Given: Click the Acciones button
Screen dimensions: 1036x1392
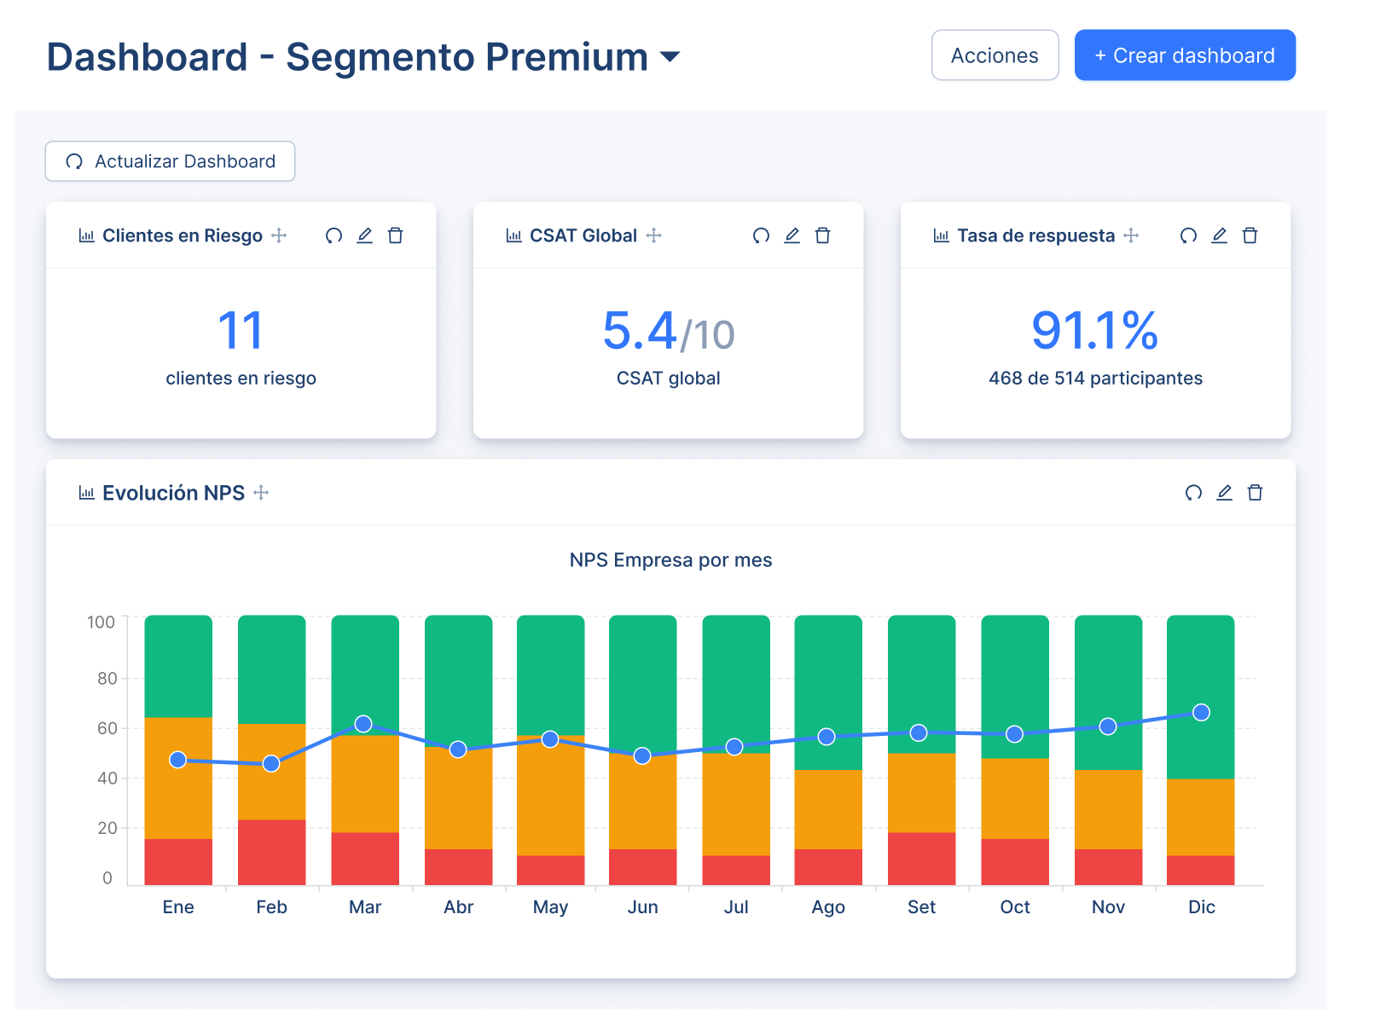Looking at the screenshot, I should [x=995, y=55].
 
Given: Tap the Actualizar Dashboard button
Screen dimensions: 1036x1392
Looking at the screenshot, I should [x=170, y=161].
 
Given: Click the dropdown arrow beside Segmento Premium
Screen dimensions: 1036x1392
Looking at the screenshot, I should [x=670, y=57].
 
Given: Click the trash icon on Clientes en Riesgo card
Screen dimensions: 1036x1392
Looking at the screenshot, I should [x=395, y=235].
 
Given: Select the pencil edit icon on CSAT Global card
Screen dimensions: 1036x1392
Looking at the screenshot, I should [x=792, y=235].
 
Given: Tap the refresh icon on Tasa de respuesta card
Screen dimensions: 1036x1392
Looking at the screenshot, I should [x=1188, y=235].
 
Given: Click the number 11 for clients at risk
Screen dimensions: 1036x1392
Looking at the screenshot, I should [x=241, y=331].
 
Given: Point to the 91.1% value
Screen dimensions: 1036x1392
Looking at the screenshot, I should [x=1095, y=331].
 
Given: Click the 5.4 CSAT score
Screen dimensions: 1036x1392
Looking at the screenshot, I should [x=639, y=331].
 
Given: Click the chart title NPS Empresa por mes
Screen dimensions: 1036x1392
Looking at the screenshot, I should [x=670, y=560].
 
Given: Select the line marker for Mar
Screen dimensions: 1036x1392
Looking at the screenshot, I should [x=363, y=724].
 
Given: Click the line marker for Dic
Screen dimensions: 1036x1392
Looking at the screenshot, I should [x=1201, y=713].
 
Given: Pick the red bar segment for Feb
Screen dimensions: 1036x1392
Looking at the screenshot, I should [x=271, y=852].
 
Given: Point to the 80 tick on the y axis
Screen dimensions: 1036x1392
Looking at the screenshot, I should [x=107, y=679].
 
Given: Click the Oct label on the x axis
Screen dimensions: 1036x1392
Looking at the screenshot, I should [x=1014, y=907].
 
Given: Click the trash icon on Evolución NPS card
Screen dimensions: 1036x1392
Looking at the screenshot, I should [x=1255, y=493].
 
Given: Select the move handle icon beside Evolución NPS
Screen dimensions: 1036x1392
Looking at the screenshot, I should [x=261, y=493].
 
